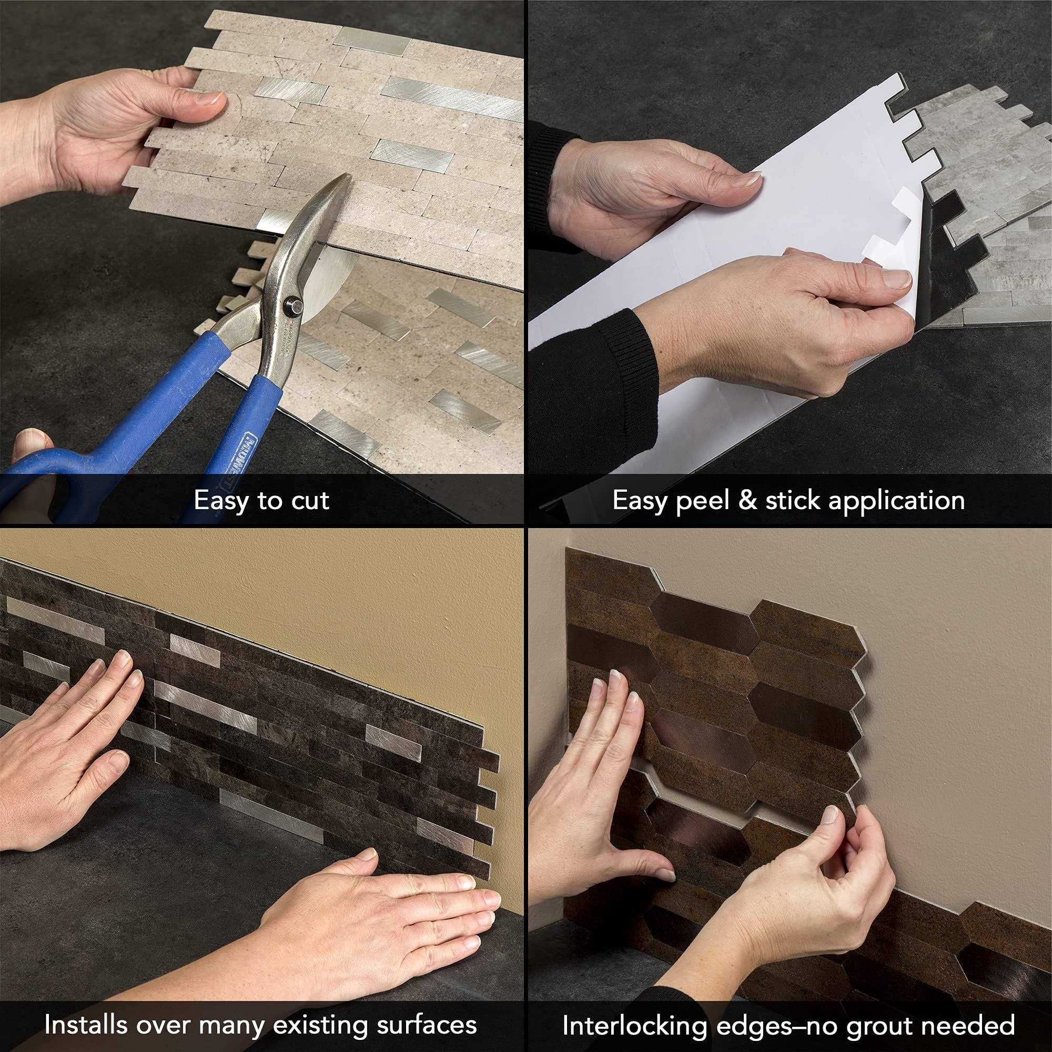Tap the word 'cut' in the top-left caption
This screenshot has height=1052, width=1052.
(310, 500)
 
